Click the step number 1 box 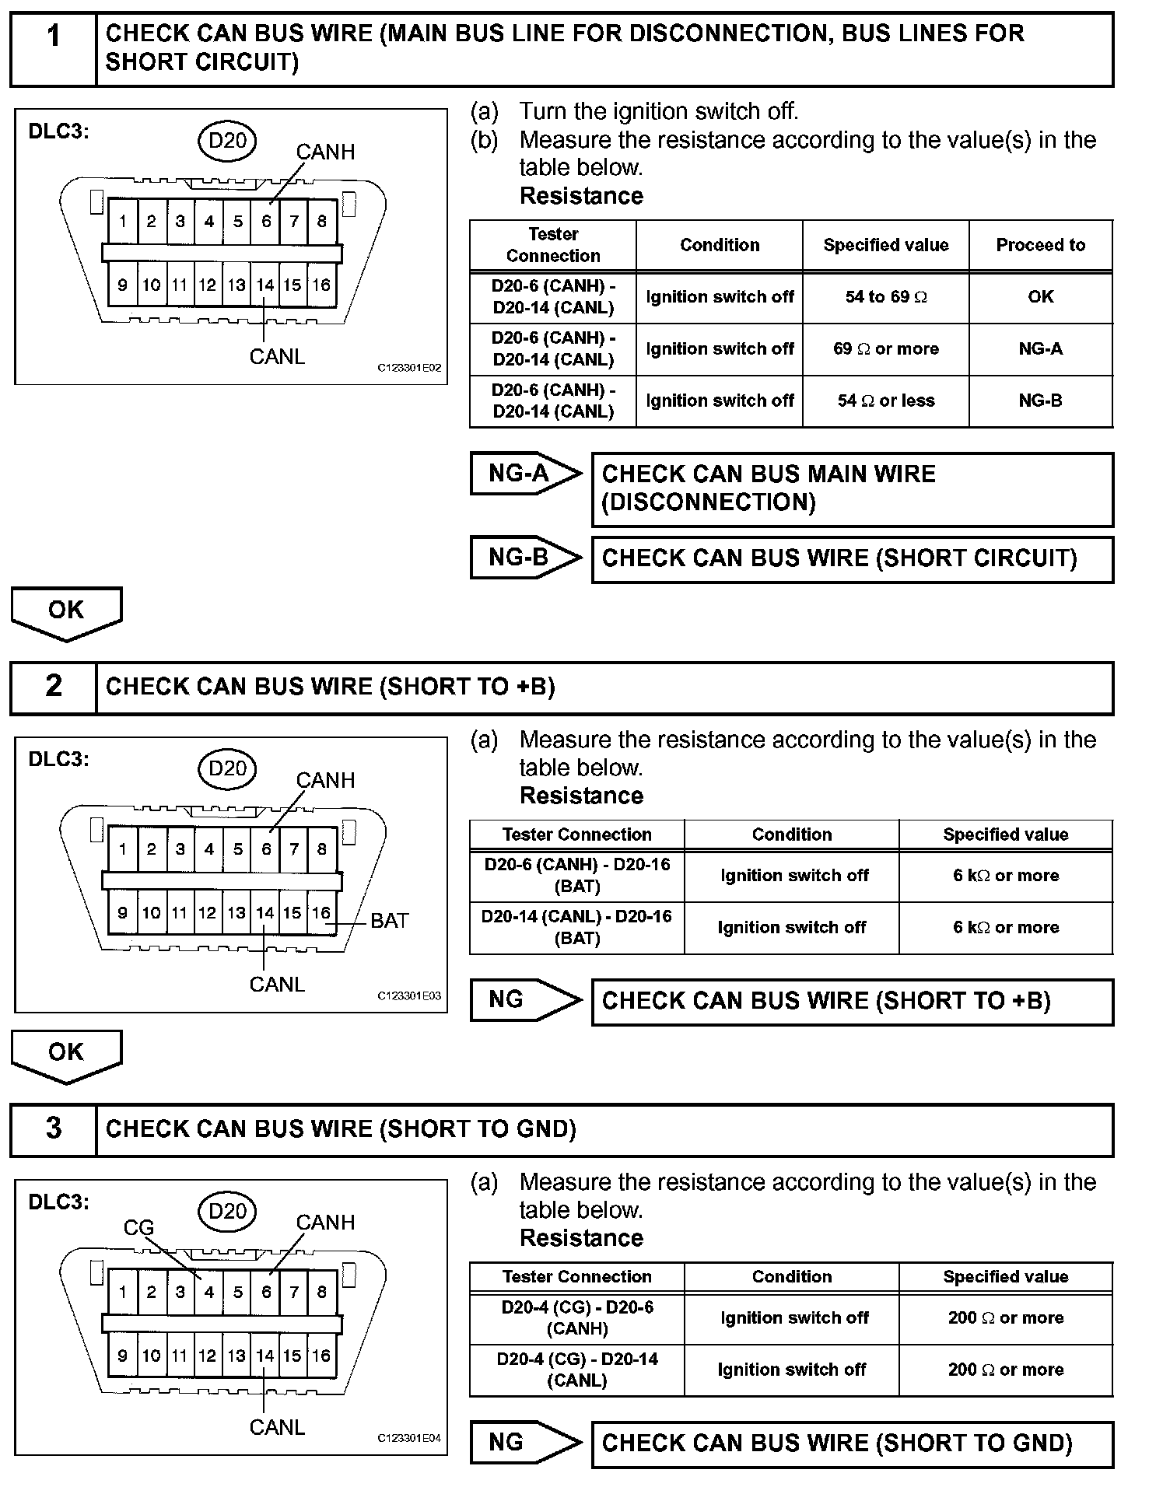[53, 48]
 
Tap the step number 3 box [53, 1128]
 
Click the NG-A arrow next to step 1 [525, 473]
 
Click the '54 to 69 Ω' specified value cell [885, 297]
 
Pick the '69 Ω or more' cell [885, 349]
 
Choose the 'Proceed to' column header [1040, 246]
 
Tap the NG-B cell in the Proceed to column [1040, 401]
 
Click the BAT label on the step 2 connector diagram [389, 921]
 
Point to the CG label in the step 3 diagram [138, 1227]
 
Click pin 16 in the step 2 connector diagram [321, 913]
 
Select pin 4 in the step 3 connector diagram [208, 1292]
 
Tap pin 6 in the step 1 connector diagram [266, 222]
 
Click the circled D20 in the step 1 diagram [227, 141]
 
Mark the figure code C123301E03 [409, 995]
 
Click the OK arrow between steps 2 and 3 [66, 1054]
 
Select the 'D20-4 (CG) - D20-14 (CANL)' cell [576, 1370]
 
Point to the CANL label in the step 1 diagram [277, 356]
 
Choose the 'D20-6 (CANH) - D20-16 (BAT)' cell [576, 876]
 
